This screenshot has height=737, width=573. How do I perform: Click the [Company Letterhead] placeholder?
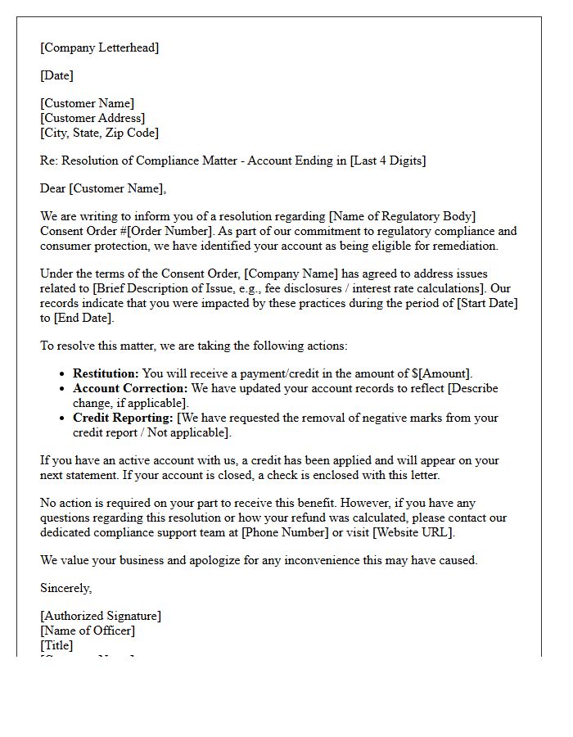tap(99, 47)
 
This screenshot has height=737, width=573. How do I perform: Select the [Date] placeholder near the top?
tap(56, 75)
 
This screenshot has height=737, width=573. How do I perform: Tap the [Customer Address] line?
tap(92, 118)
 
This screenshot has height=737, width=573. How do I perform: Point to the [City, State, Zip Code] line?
tap(99, 133)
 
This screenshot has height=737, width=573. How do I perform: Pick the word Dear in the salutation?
tap(53, 188)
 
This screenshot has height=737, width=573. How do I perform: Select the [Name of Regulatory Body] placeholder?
tap(402, 217)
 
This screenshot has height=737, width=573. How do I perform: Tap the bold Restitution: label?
tap(106, 373)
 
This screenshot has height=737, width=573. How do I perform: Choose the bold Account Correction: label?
tap(130, 388)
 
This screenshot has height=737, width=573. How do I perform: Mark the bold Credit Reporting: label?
tap(123, 418)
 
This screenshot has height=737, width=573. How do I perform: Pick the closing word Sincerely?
tap(65, 588)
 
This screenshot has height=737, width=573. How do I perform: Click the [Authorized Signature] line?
tap(101, 616)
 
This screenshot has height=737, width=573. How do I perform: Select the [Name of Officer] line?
tap(88, 631)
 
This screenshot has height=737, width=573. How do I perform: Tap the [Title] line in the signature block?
tap(56, 645)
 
